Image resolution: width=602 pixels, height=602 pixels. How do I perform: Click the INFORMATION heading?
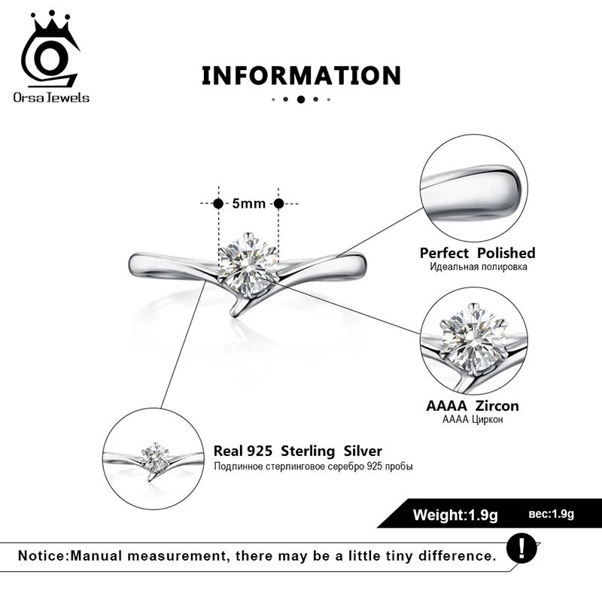click(x=300, y=75)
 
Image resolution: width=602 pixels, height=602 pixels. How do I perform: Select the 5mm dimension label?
click(x=248, y=203)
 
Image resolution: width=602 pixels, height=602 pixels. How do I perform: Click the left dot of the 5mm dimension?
click(x=218, y=203)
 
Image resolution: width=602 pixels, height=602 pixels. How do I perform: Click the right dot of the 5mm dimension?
click(x=278, y=203)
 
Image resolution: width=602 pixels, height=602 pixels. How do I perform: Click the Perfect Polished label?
click(x=477, y=253)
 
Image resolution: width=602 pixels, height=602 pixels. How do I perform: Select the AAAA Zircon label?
click(x=473, y=406)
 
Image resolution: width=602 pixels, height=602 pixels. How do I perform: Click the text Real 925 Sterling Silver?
click(x=298, y=451)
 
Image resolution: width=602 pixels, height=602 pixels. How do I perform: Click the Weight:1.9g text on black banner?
click(x=456, y=515)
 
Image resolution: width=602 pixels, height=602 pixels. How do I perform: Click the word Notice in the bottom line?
click(x=42, y=556)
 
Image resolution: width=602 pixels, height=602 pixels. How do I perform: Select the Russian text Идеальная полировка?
click(x=477, y=267)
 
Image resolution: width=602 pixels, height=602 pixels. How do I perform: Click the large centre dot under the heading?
click(x=300, y=99)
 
